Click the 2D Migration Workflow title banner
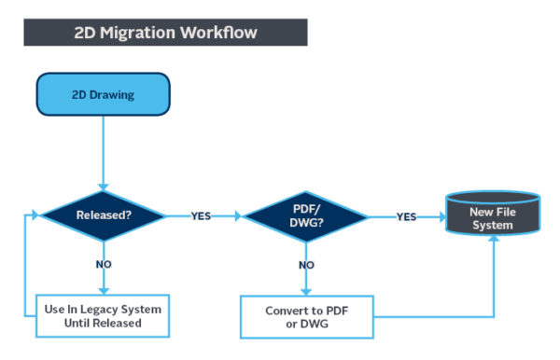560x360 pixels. pos(166,33)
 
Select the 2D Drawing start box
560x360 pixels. pos(104,94)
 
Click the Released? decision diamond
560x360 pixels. pos(104,215)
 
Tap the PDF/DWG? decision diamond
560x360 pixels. pos(307,215)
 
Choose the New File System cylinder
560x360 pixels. pos(492,215)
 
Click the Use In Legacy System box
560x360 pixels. pos(104,315)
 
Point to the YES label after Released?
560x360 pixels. pos(201,215)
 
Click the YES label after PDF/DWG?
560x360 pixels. pos(406,215)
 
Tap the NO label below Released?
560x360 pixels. pos(104,264)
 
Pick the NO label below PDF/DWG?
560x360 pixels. pos(307,264)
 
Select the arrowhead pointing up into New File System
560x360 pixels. pos(492,241)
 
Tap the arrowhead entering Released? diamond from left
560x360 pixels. pos(37,215)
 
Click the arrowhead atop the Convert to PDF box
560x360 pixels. pos(307,291)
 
